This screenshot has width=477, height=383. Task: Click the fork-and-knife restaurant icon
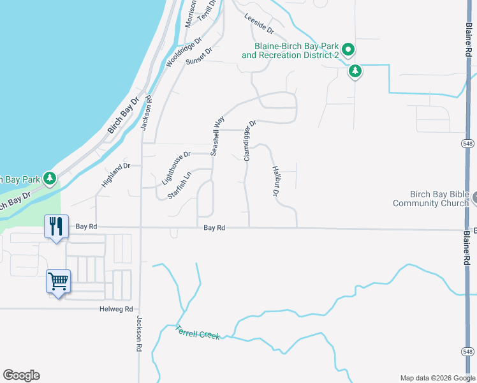click(x=56, y=226)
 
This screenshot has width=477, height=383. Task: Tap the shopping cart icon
click(x=58, y=281)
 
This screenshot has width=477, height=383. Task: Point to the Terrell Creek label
click(x=198, y=333)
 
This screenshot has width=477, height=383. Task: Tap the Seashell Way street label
click(x=217, y=135)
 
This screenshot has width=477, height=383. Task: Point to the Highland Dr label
click(x=115, y=175)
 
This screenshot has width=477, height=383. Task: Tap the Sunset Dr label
click(x=198, y=56)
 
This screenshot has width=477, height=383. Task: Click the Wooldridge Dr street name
click(x=184, y=52)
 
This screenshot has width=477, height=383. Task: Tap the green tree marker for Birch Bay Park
click(x=50, y=179)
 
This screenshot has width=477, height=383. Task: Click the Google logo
click(x=21, y=375)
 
